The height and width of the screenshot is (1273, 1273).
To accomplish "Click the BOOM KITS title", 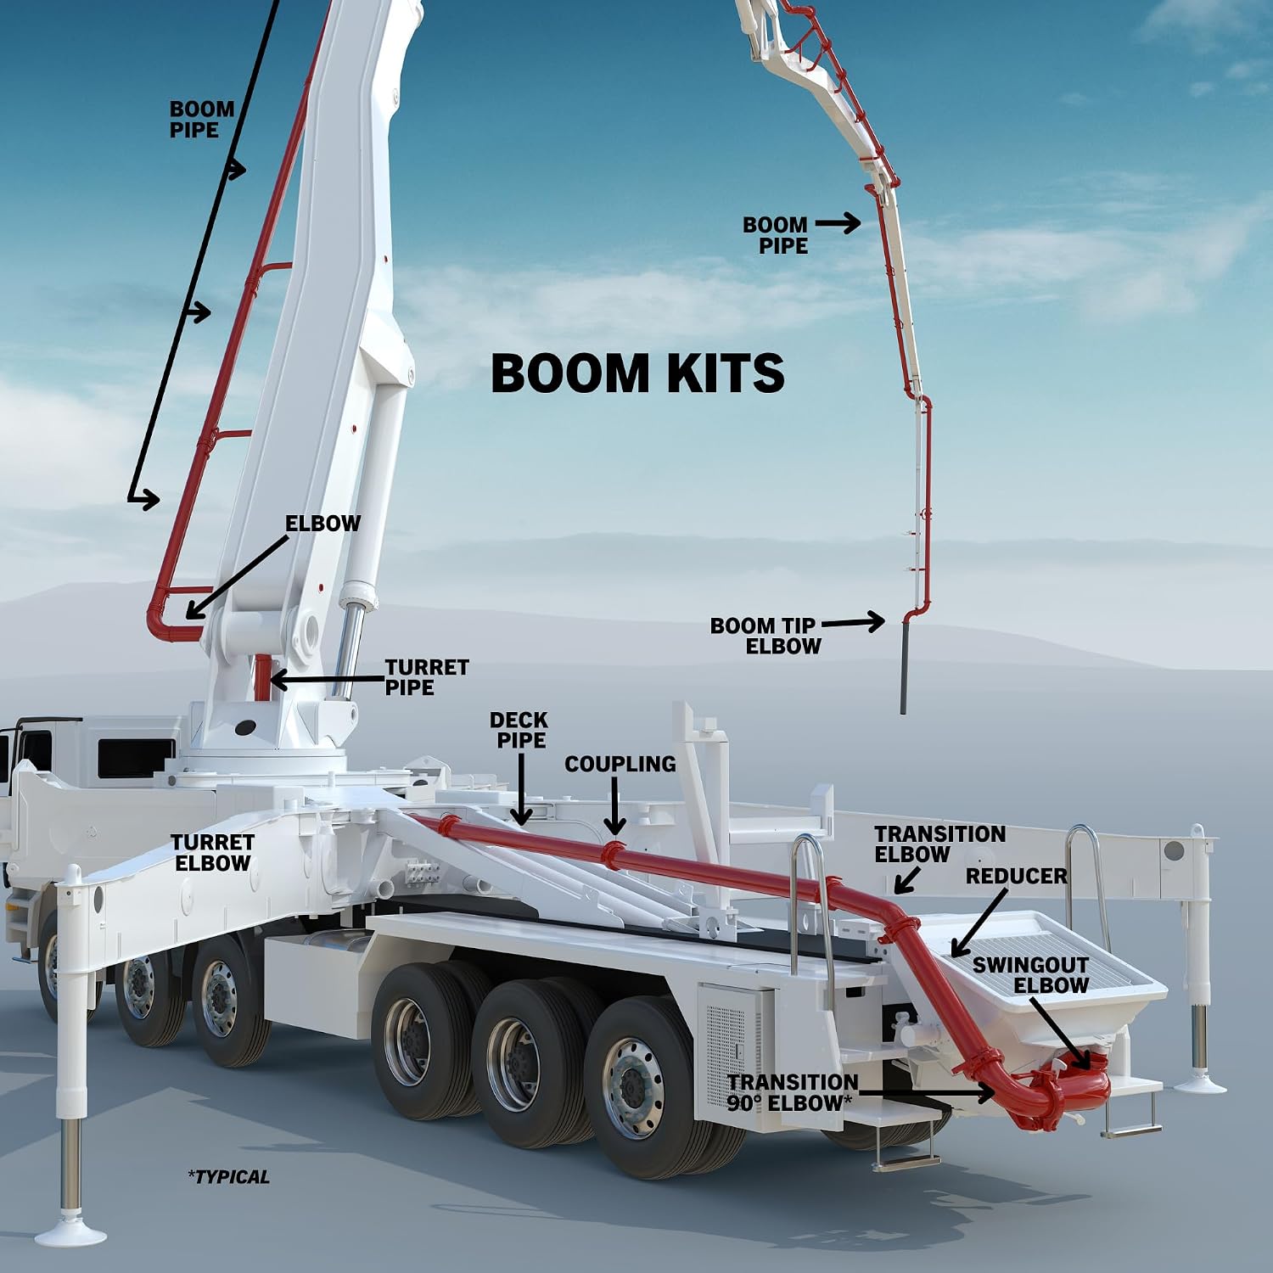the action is (x=637, y=373).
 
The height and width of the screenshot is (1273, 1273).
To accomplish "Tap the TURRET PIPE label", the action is (x=427, y=677).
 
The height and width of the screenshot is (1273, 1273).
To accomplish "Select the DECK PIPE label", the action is (x=519, y=730).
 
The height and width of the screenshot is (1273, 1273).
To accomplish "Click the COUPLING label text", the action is (x=620, y=764).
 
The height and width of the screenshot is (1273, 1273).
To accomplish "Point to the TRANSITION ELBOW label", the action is (x=940, y=844).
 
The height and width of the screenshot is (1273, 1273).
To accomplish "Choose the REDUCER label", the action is (x=1017, y=876).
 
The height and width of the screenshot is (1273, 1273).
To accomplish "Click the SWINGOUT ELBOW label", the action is (x=1031, y=975).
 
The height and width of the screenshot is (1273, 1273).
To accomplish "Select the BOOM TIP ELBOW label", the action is (x=765, y=636).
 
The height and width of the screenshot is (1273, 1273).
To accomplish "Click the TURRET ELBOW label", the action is (x=212, y=853).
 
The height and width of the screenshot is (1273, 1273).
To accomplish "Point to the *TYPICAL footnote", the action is (x=228, y=1177).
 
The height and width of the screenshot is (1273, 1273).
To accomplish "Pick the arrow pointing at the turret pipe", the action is (x=326, y=680).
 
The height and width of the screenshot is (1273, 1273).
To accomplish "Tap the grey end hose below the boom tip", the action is (x=904, y=666).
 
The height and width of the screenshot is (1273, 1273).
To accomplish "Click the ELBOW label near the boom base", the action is (x=322, y=524).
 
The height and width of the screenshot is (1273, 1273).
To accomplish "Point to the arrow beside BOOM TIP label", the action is (x=853, y=623).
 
